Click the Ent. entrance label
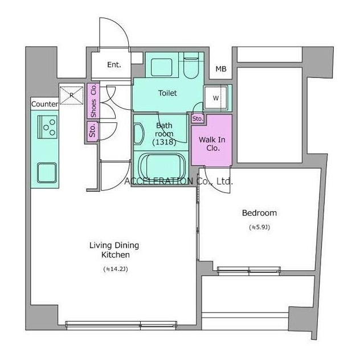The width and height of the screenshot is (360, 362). tap(114, 65)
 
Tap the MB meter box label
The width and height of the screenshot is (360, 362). tap(221, 69)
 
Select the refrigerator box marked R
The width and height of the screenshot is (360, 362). tap(71, 96)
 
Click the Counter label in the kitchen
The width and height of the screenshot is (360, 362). tap(44, 104)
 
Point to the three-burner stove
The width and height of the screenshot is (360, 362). tap(48, 127)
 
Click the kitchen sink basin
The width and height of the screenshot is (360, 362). tap(47, 172)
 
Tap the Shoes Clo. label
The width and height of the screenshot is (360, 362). tap(93, 101)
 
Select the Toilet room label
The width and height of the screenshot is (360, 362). tap(167, 93)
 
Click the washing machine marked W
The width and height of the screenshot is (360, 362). tap(215, 98)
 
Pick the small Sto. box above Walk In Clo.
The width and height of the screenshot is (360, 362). tap(198, 118)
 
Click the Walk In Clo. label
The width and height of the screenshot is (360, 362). tap(212, 143)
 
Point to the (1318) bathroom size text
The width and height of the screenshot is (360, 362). tap(164, 142)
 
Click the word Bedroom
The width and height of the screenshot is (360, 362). tap(259, 213)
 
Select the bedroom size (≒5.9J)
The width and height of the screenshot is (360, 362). tap(260, 227)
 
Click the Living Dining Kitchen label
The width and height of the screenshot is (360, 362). tap(114, 250)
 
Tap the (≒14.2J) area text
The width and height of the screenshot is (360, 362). tap(116, 269)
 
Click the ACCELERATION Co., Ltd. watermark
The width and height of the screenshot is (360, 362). tap(178, 181)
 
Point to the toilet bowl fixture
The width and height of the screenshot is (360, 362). tap(191, 65)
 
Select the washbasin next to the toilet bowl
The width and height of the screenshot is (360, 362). tap(162, 67)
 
